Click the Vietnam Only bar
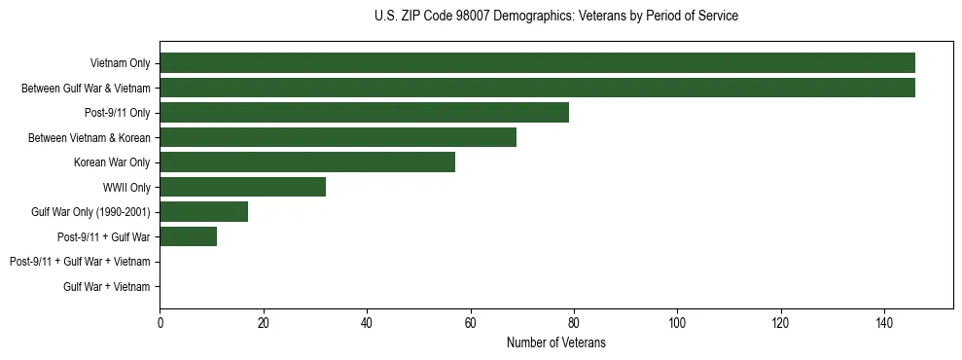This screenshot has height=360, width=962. coord(537,62)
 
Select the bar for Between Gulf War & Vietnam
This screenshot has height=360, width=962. coord(537,88)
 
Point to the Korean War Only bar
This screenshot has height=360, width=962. coord(307,162)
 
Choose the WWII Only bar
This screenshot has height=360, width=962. coord(242,187)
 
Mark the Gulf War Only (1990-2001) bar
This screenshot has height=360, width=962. coord(203,211)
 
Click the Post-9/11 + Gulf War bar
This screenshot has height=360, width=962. coord(188,236)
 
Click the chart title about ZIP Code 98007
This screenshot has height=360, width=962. coord(555,17)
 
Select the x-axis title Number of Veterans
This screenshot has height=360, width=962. coord(555,342)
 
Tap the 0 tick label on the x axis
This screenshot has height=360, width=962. coord(160,322)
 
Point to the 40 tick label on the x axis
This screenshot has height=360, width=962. coord(367,322)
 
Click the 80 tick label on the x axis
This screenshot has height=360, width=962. coord(574,322)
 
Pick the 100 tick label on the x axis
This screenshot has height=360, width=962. coord(677,322)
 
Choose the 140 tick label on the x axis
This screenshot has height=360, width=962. coord(884,322)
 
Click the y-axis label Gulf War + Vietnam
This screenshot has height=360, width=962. coord(106,286)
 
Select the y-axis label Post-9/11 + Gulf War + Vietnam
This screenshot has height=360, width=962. coord(80,262)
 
